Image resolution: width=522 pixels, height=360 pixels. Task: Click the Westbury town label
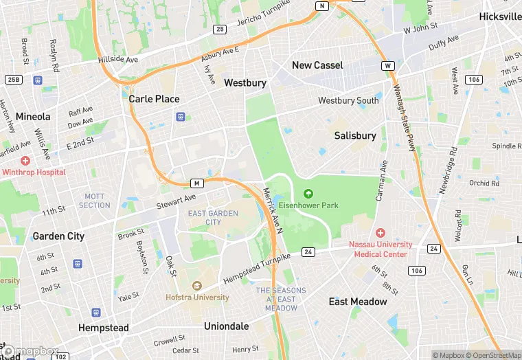tap(245, 83)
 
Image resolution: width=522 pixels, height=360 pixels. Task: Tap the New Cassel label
tap(317, 65)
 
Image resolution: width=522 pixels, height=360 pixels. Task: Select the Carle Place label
tap(155, 99)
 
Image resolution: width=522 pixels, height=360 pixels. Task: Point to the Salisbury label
tap(355, 136)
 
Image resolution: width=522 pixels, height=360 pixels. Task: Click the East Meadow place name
tap(358, 302)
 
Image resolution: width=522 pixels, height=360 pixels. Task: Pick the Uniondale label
tap(227, 326)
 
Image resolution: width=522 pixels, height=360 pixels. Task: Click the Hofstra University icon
tap(197, 286)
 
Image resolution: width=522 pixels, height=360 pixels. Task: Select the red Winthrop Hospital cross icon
tap(25, 160)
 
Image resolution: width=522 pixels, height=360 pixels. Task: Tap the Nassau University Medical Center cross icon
tap(380, 233)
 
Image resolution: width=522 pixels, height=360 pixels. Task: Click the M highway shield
tap(197, 183)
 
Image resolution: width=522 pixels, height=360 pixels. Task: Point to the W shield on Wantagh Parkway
tap(389, 66)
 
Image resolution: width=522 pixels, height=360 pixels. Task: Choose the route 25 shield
tap(220, 29)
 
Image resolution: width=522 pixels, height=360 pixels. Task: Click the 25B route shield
tap(13, 80)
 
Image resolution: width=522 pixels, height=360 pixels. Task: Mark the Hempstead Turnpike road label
tap(258, 269)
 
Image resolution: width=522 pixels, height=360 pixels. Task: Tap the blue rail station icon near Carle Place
tap(180, 117)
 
